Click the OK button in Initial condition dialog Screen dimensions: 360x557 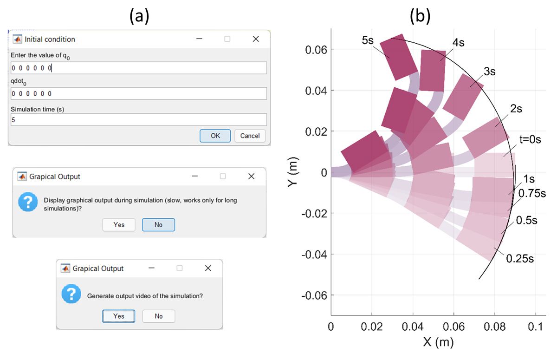click(215, 136)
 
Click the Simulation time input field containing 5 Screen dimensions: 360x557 click(139, 120)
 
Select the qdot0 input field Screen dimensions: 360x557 click(139, 94)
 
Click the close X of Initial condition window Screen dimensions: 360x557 click(256, 39)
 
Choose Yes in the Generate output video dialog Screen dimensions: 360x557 click(119, 316)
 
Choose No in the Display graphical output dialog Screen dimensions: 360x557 click(158, 225)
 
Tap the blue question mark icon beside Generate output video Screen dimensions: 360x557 click(71, 295)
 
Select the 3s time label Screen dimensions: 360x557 click(489, 72)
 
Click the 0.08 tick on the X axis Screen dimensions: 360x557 click(494, 327)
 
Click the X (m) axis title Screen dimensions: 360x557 click(438, 343)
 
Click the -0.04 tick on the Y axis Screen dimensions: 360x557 click(314, 255)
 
